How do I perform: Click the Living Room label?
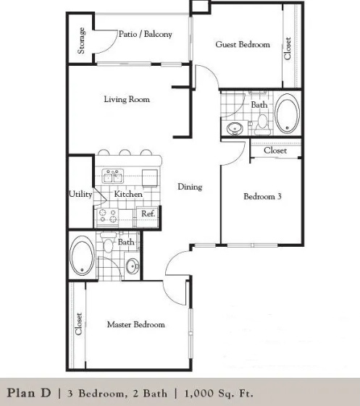pyautogui.click(x=127, y=99)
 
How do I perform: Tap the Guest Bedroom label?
pyautogui.click(x=243, y=44)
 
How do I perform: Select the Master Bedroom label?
pyautogui.click(x=136, y=324)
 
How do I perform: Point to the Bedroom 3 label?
pyautogui.click(x=262, y=197)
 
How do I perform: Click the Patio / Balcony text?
pyautogui.click(x=146, y=34)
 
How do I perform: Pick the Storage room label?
pyautogui.click(x=81, y=41)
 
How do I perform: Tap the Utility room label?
pyautogui.click(x=80, y=194)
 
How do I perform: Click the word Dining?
pyautogui.click(x=190, y=187)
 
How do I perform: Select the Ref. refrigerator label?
pyautogui.click(x=148, y=214)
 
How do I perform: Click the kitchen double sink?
pyautogui.click(x=113, y=177)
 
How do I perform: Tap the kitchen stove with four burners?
pyautogui.click(x=107, y=216)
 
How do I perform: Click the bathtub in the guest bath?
pyautogui.click(x=287, y=114)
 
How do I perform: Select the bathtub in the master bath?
pyautogui.click(x=82, y=255)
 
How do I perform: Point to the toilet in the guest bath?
pyautogui.click(x=263, y=124)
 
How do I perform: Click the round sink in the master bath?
pyautogui.click(x=133, y=266)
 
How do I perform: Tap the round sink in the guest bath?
pyautogui.click(x=235, y=128)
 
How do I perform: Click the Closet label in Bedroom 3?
pyautogui.click(x=275, y=151)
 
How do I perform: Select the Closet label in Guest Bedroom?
pyautogui.click(x=288, y=48)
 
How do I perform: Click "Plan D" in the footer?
pyautogui.click(x=29, y=393)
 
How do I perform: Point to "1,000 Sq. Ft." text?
pyautogui.click(x=219, y=393)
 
